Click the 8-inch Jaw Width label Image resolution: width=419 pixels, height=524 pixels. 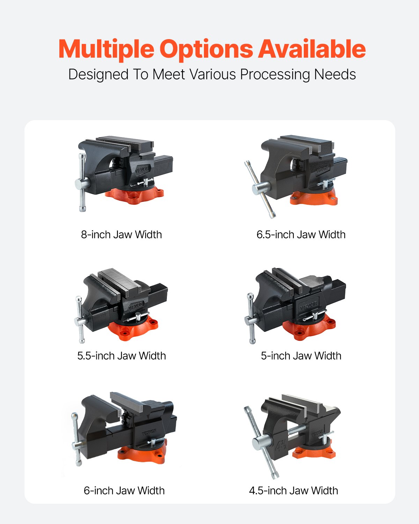point(122,234)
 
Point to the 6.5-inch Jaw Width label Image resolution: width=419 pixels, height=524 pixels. point(301,234)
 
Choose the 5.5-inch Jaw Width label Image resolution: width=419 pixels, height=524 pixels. point(122,356)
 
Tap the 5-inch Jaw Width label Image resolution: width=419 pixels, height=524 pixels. point(301,356)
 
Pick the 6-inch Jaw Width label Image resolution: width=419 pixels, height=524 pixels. point(124,490)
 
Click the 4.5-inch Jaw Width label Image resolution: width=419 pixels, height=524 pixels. point(293,490)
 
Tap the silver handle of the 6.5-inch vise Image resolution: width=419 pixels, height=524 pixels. point(260,189)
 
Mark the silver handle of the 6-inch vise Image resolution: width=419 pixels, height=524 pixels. point(76,440)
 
